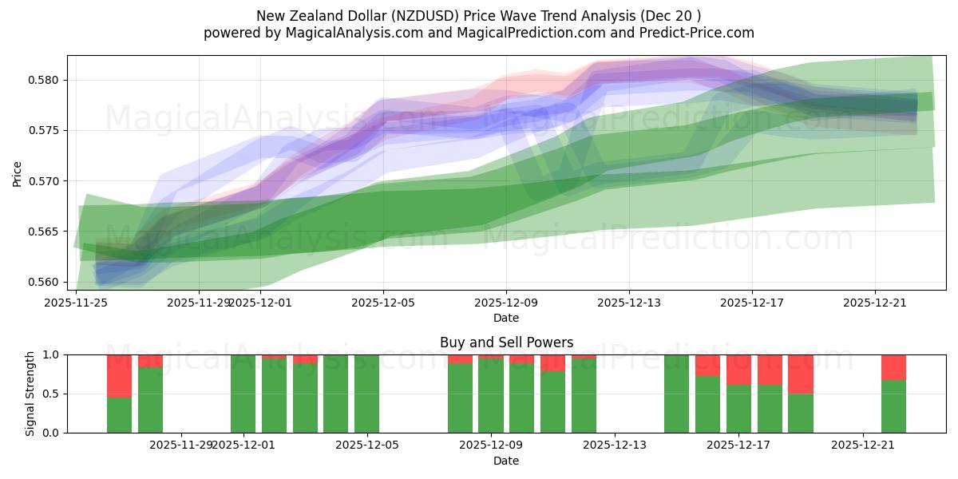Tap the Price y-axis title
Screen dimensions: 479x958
pos(18,173)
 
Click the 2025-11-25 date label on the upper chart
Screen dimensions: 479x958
pos(77,303)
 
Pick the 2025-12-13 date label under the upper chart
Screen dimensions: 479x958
pos(629,303)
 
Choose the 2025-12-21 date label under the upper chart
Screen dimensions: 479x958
pos(875,303)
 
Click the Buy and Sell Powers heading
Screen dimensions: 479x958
pos(506,342)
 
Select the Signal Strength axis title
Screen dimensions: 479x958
pos(30,394)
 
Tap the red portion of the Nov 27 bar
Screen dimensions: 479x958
pos(119,375)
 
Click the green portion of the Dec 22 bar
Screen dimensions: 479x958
pos(893,406)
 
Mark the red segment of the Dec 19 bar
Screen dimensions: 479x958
pos(801,374)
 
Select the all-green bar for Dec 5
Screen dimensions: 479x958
pos(366,394)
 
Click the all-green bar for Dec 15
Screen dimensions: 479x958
pos(676,394)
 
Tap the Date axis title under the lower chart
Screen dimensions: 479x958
pos(506,461)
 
